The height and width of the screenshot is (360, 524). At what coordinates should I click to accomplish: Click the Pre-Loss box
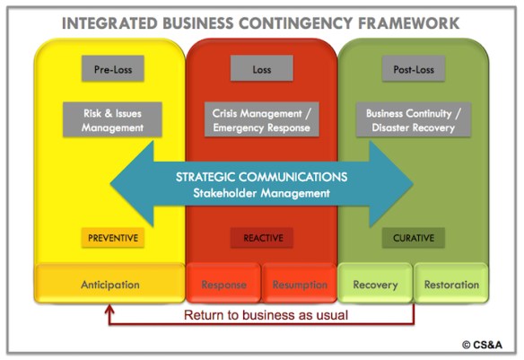[113, 68]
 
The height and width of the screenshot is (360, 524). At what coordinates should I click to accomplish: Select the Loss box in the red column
[262, 68]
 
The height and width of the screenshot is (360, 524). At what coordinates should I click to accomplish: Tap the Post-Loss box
[414, 68]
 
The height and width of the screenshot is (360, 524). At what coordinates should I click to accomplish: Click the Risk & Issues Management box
[113, 120]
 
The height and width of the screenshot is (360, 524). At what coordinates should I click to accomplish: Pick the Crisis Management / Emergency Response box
[262, 120]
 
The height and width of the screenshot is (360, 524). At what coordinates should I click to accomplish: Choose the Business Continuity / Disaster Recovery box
[414, 120]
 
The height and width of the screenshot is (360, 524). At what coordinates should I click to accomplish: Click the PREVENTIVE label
[113, 238]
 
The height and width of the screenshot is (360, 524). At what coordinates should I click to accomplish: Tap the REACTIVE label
[262, 238]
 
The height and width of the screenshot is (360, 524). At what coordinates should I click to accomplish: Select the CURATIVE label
[413, 238]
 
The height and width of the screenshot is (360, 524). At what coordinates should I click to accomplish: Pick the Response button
[223, 285]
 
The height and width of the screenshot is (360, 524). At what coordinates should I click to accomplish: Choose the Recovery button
[375, 285]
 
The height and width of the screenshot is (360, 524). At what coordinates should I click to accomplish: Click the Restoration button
[450, 285]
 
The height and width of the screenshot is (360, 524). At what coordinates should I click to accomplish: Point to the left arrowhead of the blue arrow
[130, 184]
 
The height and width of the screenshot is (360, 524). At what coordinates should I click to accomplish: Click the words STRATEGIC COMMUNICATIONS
[262, 177]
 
